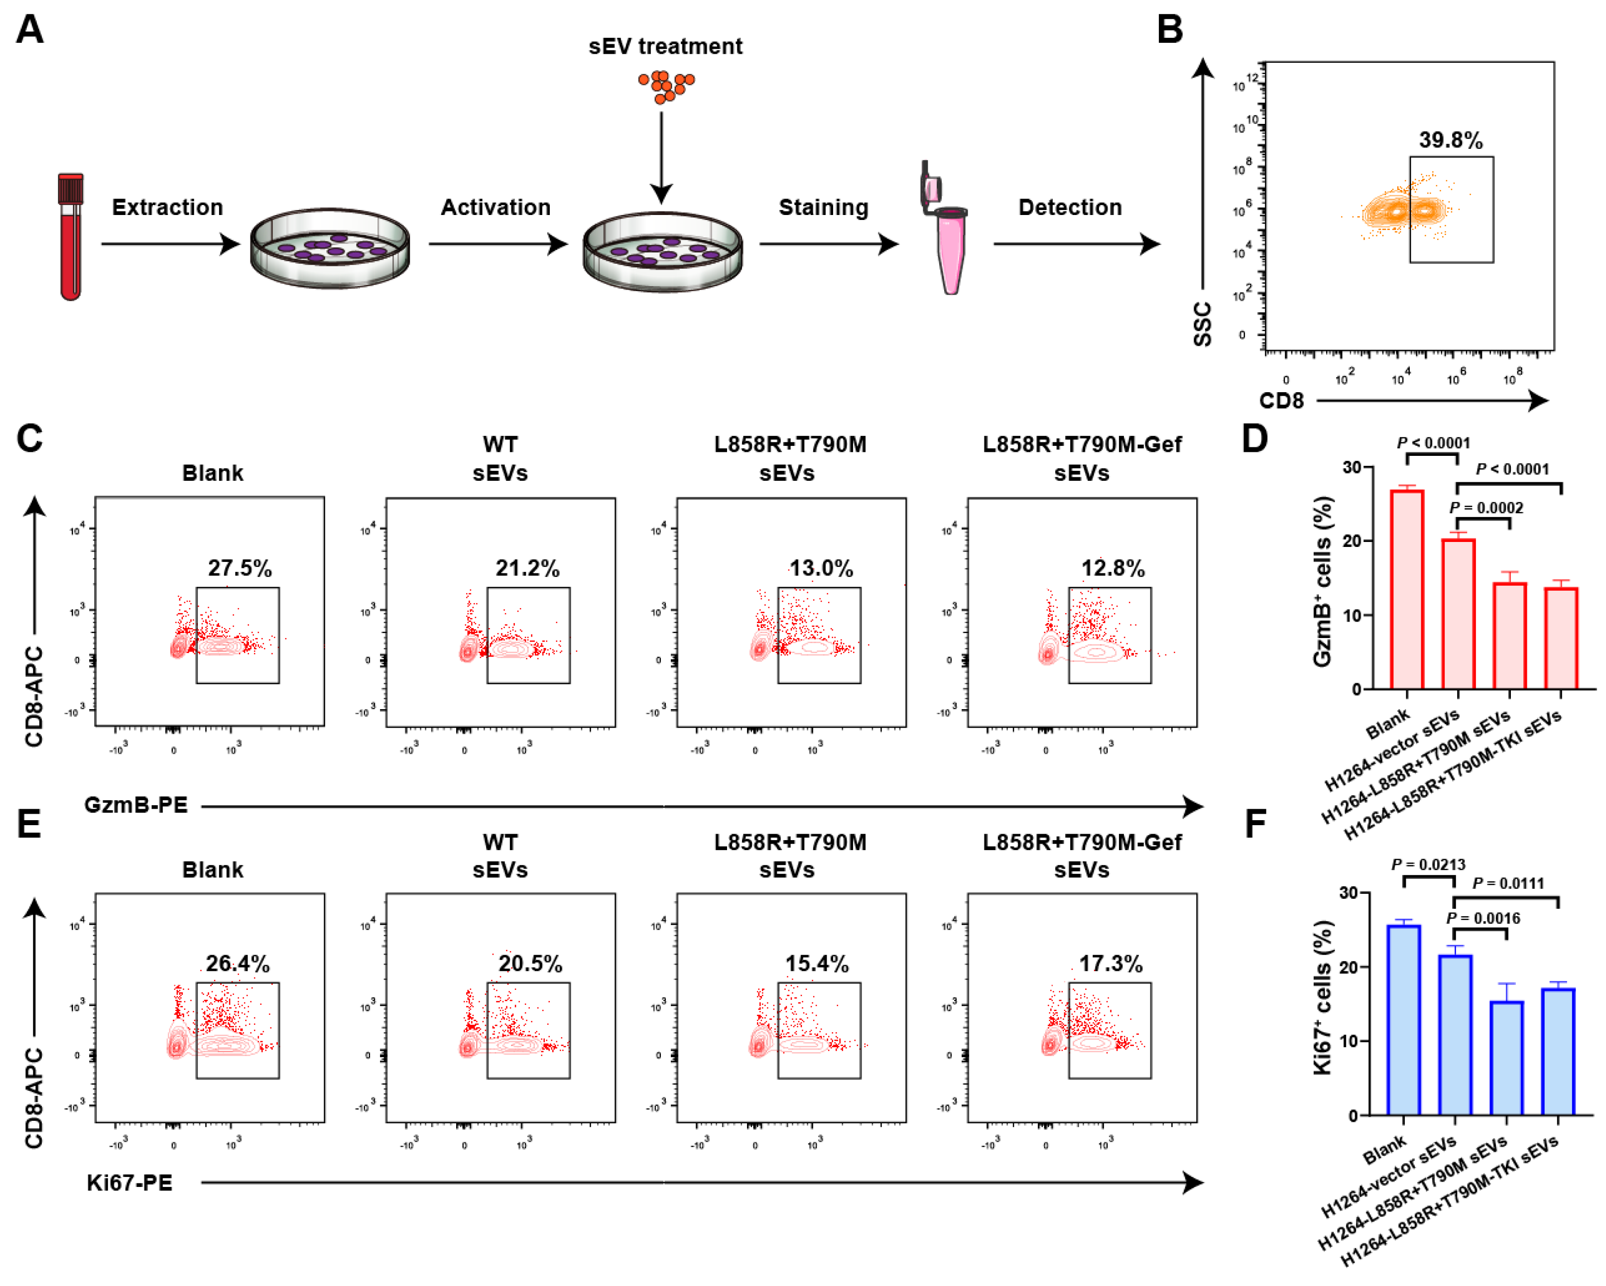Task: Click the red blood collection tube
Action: pos(71,237)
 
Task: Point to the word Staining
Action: pos(823,207)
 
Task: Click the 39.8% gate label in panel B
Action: pos(1450,140)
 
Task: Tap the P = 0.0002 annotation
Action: pos(1485,508)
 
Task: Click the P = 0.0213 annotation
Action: pos(1427,864)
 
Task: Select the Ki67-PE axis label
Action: pos(129,1182)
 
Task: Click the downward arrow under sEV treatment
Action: pos(661,156)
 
